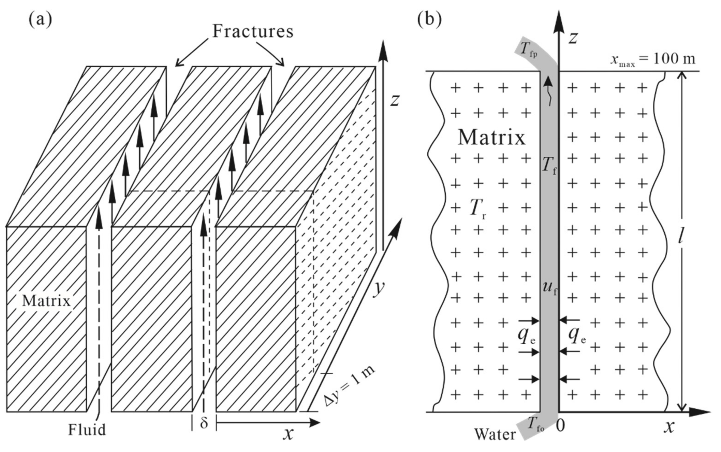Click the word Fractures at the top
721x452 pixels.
click(x=253, y=31)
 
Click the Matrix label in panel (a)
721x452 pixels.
click(x=46, y=301)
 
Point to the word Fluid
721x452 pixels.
click(x=87, y=430)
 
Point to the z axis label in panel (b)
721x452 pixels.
click(x=572, y=38)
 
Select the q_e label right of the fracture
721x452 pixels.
click(x=577, y=336)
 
